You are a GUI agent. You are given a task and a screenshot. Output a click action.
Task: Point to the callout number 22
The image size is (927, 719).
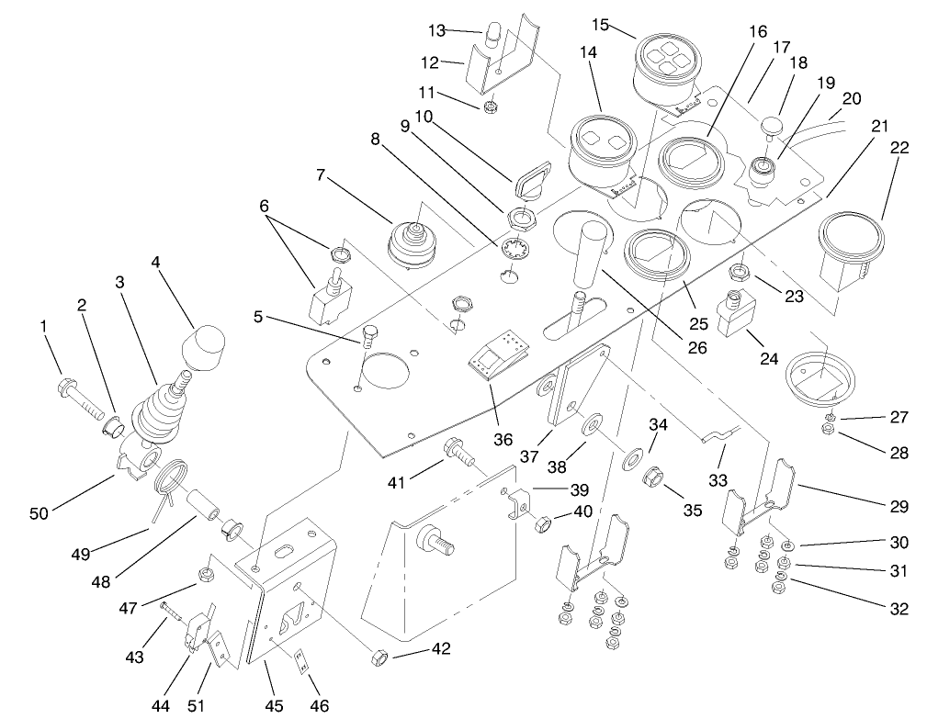[x=899, y=147]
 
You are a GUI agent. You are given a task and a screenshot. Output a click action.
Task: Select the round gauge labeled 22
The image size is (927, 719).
[x=851, y=242]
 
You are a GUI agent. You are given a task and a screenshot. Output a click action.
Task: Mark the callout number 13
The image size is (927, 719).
[x=436, y=30]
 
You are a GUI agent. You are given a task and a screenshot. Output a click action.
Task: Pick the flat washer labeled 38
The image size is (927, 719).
[x=591, y=426]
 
